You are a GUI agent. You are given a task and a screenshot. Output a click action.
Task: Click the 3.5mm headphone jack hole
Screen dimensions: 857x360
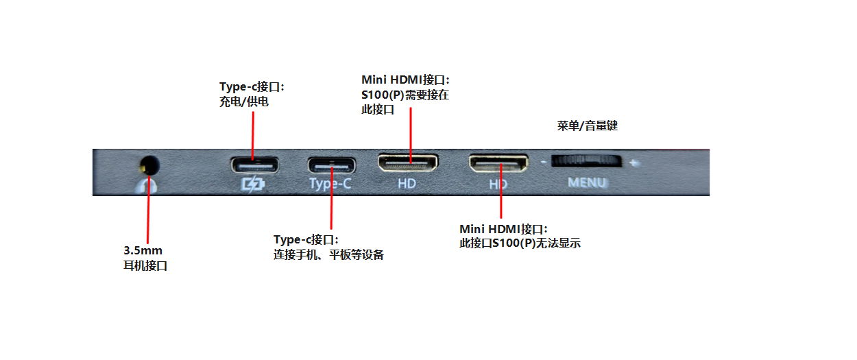point(149,165)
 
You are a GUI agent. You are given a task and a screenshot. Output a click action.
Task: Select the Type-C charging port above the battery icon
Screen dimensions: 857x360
point(255,165)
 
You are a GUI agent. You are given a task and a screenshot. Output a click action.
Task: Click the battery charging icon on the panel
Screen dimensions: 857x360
point(253,184)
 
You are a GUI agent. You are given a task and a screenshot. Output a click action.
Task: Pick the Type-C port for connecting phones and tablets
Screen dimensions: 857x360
point(332,165)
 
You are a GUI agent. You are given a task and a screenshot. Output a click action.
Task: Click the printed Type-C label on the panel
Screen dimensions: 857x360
point(330,184)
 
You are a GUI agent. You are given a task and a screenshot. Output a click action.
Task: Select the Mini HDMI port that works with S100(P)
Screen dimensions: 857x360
point(408,163)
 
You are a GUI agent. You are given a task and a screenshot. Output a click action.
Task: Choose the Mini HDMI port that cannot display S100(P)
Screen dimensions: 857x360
point(498,163)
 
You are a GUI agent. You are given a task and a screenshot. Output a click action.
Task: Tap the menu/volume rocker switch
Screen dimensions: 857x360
point(586,160)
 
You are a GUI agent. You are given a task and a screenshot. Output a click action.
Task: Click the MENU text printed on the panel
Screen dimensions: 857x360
point(588,183)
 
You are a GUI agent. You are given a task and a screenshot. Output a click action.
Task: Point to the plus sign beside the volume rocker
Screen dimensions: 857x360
point(635,163)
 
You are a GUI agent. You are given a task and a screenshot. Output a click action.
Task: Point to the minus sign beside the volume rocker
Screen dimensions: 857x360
point(543,163)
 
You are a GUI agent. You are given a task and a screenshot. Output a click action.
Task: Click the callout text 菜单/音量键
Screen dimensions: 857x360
point(588,125)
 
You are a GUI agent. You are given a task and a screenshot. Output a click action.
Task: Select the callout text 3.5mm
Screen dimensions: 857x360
point(143,250)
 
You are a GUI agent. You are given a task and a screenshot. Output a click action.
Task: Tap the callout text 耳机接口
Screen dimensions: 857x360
point(145,265)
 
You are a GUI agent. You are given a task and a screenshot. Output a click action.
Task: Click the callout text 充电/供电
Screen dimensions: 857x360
point(243,101)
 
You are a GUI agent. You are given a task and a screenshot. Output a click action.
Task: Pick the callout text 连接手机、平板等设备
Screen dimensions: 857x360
point(328,255)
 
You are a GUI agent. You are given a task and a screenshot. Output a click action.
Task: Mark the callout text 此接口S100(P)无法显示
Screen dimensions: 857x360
point(520,243)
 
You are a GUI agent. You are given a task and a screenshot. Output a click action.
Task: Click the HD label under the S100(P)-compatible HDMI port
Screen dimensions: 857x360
point(407,184)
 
